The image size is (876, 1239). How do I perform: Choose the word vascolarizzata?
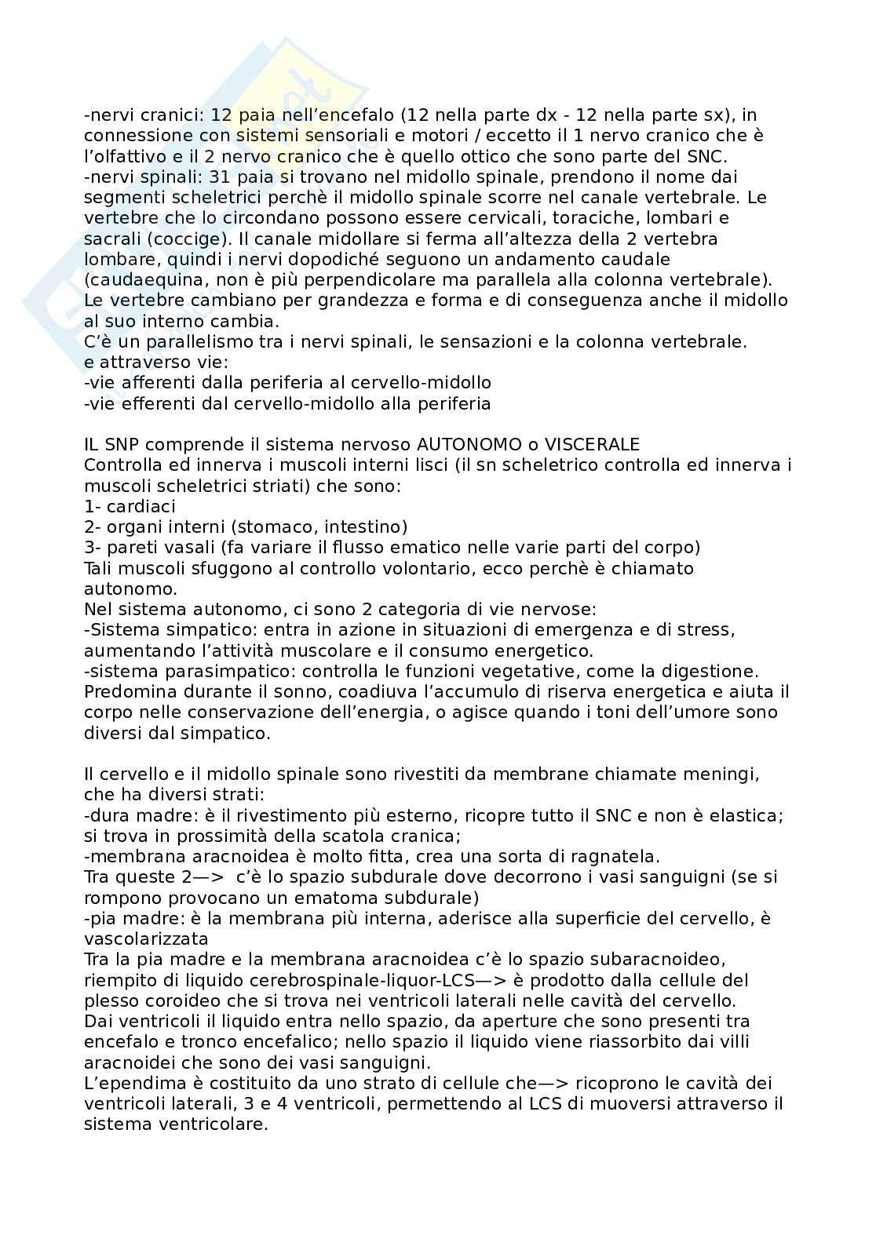[x=146, y=939]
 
